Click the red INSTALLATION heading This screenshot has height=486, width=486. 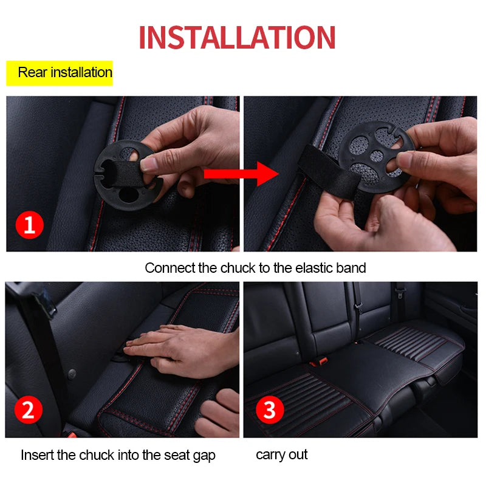click(x=237, y=37)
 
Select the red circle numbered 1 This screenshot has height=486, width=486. click(x=30, y=226)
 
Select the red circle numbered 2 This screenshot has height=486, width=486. click(x=27, y=411)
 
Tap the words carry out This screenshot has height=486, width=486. click(x=281, y=454)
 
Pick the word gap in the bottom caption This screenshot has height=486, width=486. click(x=204, y=456)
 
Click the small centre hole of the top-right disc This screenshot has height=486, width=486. click(x=377, y=156)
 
